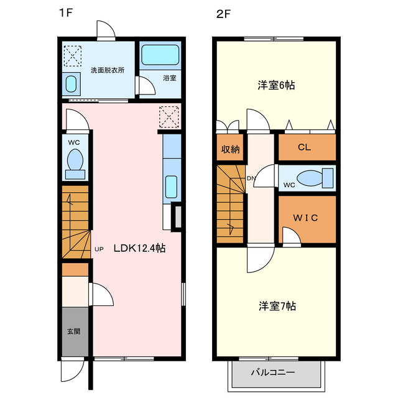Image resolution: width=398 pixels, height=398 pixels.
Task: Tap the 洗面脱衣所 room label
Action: click(107, 70)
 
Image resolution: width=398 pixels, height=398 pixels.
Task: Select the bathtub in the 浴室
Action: click(159, 55)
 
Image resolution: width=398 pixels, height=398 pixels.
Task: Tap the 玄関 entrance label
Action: click(73, 331)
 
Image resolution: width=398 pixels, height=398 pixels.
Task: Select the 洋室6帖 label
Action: click(275, 85)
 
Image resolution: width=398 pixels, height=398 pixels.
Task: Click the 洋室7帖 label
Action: click(277, 306)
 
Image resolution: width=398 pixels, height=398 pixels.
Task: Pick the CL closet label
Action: click(303, 147)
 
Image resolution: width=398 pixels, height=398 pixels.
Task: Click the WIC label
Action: click(306, 218)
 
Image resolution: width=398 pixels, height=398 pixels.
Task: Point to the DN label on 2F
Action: click(251, 179)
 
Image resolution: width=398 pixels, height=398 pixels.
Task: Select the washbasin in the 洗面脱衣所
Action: click(71, 83)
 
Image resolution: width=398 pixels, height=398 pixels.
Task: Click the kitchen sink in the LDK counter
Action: click(171, 185)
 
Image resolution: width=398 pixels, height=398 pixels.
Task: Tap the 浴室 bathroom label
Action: click(170, 78)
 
